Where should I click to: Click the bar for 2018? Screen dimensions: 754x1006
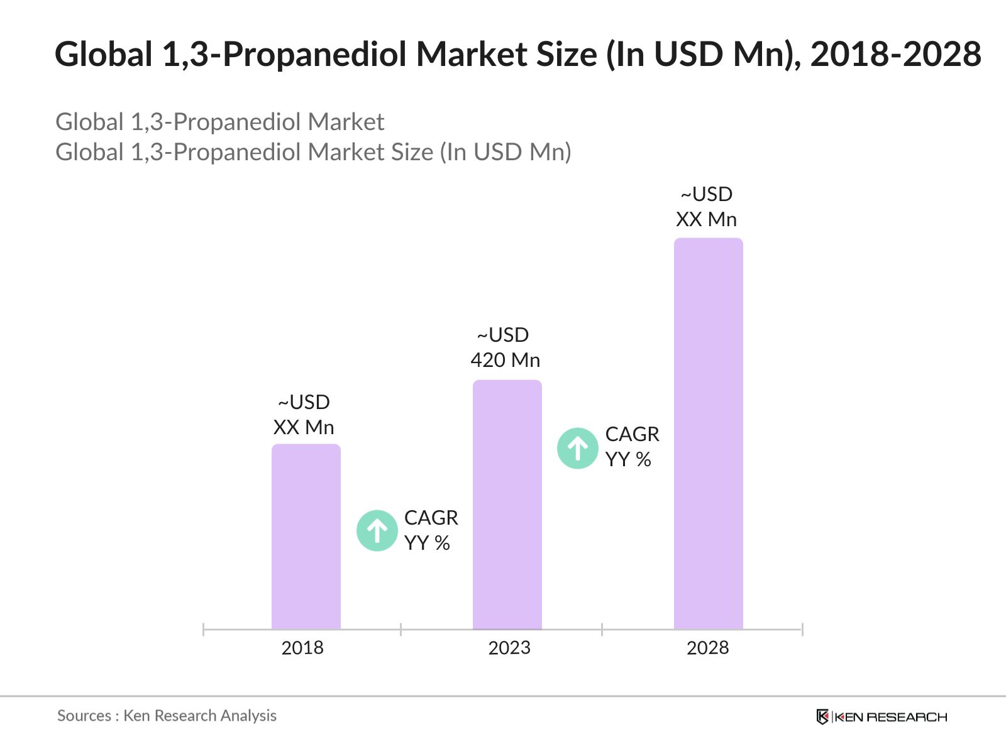[x=306, y=537]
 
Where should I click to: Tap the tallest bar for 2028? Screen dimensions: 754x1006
[x=708, y=434]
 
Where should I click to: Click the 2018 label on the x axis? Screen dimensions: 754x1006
[x=302, y=648]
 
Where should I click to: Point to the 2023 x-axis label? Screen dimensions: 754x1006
[x=509, y=648]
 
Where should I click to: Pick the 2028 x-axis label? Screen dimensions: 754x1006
[x=707, y=648]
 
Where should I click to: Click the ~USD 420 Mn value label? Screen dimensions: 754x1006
[x=505, y=347]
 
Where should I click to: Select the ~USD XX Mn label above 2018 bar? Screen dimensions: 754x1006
[x=304, y=415]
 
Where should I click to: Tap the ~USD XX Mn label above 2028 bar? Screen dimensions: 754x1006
[x=706, y=207]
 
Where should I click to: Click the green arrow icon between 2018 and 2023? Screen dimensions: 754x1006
[x=377, y=531]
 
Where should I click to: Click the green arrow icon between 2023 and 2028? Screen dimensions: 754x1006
[x=577, y=448]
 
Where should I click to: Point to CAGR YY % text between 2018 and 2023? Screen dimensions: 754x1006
[x=431, y=530]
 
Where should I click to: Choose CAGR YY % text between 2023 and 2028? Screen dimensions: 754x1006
[x=632, y=447]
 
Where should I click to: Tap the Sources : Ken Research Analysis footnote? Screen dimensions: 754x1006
[x=167, y=716]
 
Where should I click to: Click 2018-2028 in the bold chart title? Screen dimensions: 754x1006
[x=895, y=54]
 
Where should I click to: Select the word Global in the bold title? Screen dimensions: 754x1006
[x=104, y=54]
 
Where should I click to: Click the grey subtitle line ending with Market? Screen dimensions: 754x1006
[x=219, y=122]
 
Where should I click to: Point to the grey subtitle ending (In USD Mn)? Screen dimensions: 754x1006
[x=313, y=152]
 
